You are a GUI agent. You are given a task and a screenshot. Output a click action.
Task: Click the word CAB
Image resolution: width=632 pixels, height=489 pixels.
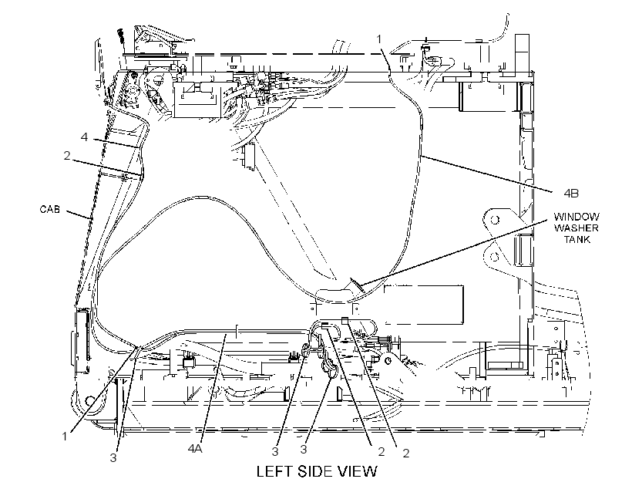point(49,209)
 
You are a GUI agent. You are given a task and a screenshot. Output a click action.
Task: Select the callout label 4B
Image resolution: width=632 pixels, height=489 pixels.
point(571,194)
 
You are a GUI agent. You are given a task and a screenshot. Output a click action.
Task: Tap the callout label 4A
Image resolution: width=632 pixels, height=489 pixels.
point(195,449)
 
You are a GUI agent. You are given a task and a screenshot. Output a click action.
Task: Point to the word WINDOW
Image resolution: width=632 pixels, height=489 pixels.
point(576,217)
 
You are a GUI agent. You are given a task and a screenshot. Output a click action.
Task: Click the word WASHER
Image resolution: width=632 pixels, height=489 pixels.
point(576,228)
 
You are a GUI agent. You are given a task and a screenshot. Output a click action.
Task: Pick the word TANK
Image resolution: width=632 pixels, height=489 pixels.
point(577,239)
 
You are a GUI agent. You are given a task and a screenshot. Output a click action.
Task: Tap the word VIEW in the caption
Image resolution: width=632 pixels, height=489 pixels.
point(358,471)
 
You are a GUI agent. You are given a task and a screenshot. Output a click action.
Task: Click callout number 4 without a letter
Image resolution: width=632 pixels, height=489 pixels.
point(84,137)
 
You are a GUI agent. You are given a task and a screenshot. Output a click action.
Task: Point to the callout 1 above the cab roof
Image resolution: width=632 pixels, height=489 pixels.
point(379,39)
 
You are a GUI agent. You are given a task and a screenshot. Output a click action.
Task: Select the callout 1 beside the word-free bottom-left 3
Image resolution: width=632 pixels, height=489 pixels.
point(65,436)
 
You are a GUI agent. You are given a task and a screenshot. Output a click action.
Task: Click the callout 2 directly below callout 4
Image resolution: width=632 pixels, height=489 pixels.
point(67,155)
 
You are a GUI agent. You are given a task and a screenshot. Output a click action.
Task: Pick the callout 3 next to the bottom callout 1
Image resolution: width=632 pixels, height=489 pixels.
point(113,457)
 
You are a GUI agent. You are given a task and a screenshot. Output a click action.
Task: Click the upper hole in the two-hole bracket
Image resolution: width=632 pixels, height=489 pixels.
point(495,220)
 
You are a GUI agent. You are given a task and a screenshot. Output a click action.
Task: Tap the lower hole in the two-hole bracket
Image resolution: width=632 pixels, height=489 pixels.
point(495,257)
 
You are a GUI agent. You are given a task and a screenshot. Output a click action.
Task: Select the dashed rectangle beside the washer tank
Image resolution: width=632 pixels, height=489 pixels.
point(423,305)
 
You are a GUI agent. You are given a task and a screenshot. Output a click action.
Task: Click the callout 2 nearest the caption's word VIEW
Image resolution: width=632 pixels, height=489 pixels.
point(382,452)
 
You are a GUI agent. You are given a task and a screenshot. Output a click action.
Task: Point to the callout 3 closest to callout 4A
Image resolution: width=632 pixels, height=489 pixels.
point(275,451)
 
